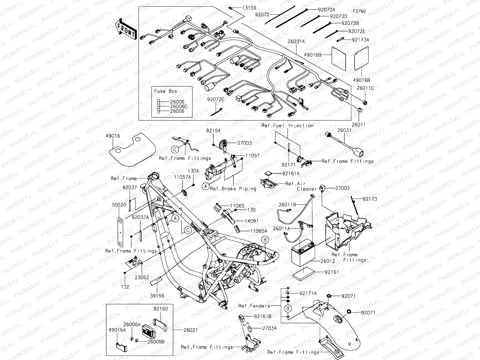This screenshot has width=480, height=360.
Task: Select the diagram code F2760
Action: (359, 11)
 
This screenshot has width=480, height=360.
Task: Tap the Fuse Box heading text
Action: (166, 91)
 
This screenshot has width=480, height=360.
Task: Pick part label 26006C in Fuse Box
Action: (178, 106)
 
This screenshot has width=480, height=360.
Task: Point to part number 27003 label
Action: (244, 143)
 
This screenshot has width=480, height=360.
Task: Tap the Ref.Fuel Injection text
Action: (287, 125)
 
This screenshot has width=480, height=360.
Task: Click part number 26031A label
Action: (296, 41)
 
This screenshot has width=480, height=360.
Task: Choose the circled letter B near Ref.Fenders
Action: (288, 308)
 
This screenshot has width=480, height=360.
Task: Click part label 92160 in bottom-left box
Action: (160, 309)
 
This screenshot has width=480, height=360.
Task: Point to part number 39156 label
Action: (157, 296)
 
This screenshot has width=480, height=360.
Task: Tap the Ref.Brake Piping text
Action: (233, 189)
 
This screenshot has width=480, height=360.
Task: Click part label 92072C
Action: (215, 99)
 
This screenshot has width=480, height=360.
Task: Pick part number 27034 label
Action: (269, 328)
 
